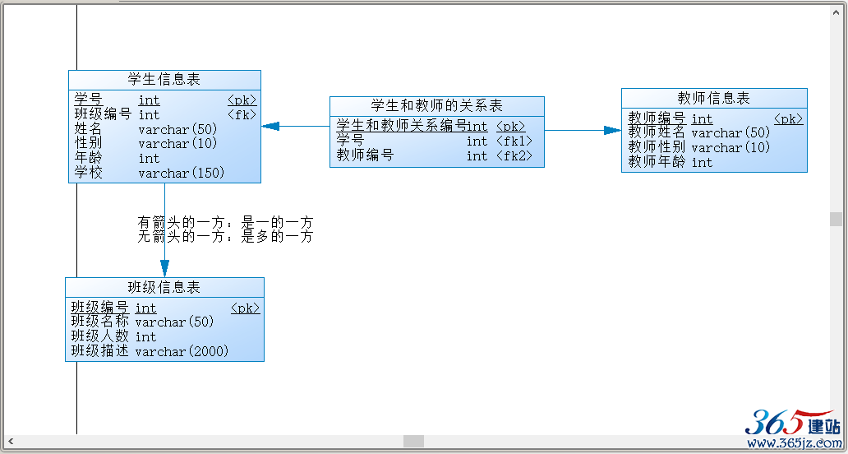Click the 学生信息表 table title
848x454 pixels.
pyautogui.click(x=164, y=80)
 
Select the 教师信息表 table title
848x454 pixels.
pyautogui.click(x=713, y=98)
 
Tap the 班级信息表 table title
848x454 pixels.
pyautogui.click(x=164, y=287)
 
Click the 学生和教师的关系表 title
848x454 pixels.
pyautogui.click(x=436, y=105)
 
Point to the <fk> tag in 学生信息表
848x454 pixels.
pyautogui.click(x=242, y=114)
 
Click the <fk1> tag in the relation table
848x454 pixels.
pyautogui.click(x=514, y=141)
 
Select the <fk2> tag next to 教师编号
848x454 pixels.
pyautogui.click(x=514, y=155)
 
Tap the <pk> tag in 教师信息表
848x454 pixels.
pyautogui.click(x=789, y=119)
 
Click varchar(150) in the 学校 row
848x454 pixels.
pyautogui.click(x=181, y=174)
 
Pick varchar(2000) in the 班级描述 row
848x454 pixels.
pyautogui.click(x=182, y=352)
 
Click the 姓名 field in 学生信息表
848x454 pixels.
pyautogui.click(x=88, y=129)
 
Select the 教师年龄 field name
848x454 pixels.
pyautogui.click(x=657, y=162)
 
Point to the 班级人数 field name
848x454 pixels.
pyautogui.click(x=100, y=336)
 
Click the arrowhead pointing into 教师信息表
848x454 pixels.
pyautogui.click(x=612, y=131)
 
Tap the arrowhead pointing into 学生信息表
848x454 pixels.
pyautogui.click(x=270, y=126)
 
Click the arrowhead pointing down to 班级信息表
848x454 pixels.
pyautogui.click(x=165, y=268)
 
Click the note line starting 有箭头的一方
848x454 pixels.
pyautogui.click(x=225, y=222)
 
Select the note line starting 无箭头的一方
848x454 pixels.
pyautogui.click(x=225, y=237)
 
